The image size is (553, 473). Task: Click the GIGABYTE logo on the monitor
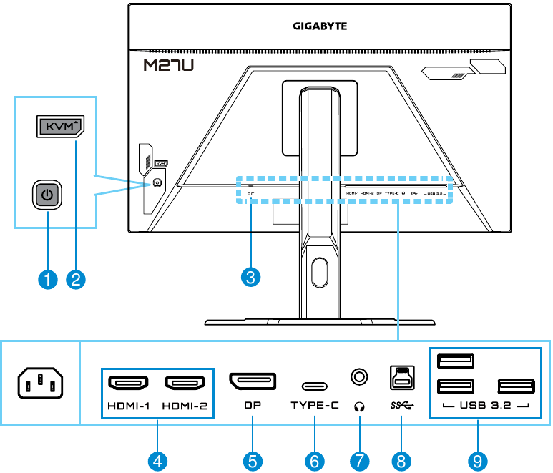319,26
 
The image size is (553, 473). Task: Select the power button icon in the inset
48,195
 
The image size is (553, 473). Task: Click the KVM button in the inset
59,127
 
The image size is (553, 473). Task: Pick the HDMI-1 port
127,384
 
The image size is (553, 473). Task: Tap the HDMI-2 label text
184,406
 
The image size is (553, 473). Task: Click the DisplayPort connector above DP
252,381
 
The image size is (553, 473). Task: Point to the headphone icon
358,406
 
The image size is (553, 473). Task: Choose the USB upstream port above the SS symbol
401,376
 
